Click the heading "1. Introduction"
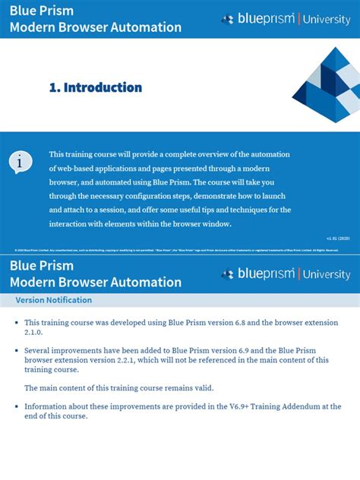(x=96, y=87)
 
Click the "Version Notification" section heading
(x=54, y=300)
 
